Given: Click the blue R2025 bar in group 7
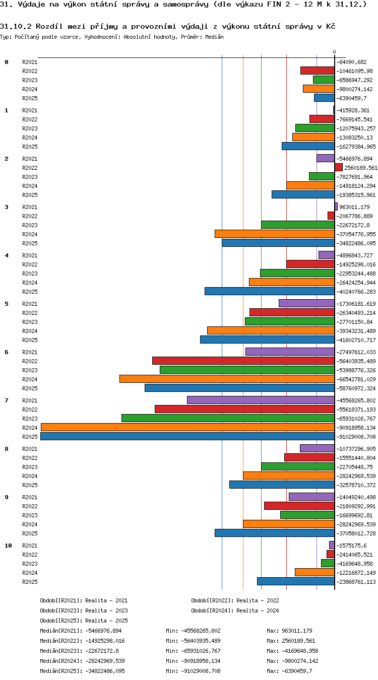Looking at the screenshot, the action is click(x=187, y=436).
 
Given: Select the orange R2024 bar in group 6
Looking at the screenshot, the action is click(x=227, y=379).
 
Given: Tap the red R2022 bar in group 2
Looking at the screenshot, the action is click(x=339, y=167).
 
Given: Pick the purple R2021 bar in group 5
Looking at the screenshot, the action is click(x=306, y=303).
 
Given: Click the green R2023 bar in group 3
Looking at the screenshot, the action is click(x=298, y=225).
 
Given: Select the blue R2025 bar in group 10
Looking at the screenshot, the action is click(x=296, y=581).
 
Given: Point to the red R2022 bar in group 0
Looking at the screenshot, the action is click(x=318, y=71).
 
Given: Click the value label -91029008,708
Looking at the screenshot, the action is click(x=356, y=437).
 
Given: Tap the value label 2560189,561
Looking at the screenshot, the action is click(x=361, y=168).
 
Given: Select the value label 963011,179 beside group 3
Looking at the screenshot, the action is click(x=354, y=207).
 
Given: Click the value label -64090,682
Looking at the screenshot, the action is click(x=351, y=62).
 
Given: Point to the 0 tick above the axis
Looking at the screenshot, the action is click(x=334, y=52).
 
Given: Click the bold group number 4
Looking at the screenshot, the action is click(x=7, y=255).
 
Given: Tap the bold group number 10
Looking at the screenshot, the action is click(x=8, y=546).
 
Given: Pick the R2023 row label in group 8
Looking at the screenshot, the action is click(x=30, y=467).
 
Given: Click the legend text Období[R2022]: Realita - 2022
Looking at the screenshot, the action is click(x=235, y=600).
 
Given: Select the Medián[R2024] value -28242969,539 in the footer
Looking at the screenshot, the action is click(x=105, y=661).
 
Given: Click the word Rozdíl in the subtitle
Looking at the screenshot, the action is click(x=49, y=26).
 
